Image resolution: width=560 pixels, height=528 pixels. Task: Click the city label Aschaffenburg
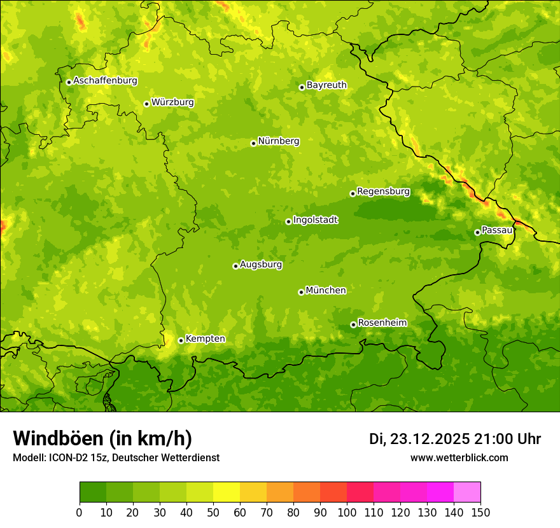click(x=105, y=81)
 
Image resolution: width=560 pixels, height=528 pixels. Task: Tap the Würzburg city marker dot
click(x=146, y=104)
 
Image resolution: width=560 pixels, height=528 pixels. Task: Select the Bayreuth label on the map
click(x=326, y=85)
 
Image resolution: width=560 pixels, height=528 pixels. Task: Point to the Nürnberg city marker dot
click(x=253, y=143)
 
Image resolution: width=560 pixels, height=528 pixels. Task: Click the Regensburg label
click(x=383, y=191)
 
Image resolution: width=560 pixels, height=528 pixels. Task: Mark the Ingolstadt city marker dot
click(x=288, y=221)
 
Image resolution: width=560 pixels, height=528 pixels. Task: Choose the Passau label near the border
click(x=497, y=230)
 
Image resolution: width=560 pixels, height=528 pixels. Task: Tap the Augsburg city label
click(x=261, y=265)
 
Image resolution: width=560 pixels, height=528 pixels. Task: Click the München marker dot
click(x=301, y=292)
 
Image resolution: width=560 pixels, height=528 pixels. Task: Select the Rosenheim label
click(x=382, y=323)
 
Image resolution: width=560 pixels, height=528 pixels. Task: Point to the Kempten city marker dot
click(x=181, y=340)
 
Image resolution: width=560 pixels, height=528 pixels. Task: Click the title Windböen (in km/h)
click(x=102, y=438)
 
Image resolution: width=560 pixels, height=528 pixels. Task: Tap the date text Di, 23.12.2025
click(x=419, y=439)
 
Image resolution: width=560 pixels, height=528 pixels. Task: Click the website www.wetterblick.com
click(x=459, y=457)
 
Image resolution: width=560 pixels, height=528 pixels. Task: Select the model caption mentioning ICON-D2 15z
click(x=116, y=457)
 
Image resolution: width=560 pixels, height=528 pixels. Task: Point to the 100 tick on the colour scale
click(x=347, y=512)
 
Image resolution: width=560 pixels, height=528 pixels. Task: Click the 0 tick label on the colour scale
click(x=80, y=512)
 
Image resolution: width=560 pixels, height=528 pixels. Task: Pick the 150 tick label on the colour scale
click(x=480, y=512)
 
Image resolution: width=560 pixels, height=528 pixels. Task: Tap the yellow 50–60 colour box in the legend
click(x=227, y=492)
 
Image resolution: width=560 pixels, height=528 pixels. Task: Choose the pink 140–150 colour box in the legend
click(x=467, y=492)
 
